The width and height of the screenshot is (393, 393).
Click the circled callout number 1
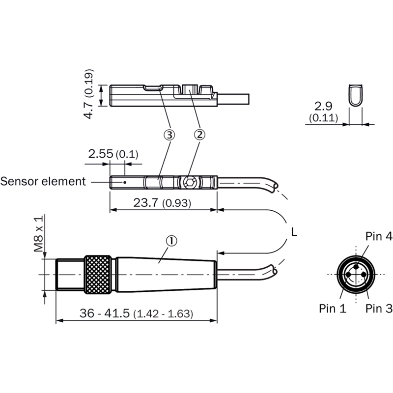(x=171, y=241)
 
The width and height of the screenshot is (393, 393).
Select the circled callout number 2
(x=199, y=135)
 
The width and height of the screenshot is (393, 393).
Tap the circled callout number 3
(x=169, y=135)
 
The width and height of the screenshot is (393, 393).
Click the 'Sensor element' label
(x=43, y=181)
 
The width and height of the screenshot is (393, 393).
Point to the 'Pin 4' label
(x=379, y=236)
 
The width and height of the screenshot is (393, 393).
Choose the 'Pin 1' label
(x=333, y=309)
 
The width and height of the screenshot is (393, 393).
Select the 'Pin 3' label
(x=379, y=309)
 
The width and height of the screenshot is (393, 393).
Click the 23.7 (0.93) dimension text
(x=162, y=202)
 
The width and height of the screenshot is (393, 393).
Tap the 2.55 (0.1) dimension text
(x=113, y=154)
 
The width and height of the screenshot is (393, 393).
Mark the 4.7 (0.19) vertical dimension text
(x=89, y=94)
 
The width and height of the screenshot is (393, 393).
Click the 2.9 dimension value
(x=323, y=106)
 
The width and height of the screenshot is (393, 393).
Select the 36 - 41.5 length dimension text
(x=137, y=313)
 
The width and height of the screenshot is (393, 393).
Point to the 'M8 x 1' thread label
(x=39, y=233)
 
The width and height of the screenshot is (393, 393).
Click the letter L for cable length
(x=294, y=232)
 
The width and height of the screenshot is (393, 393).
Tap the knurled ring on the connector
(x=98, y=275)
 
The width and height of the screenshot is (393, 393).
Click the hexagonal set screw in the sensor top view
(x=189, y=181)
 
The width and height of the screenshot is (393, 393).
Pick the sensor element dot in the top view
(x=125, y=182)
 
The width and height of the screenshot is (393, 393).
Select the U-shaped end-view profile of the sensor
(x=356, y=95)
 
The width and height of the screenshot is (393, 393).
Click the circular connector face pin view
(x=356, y=275)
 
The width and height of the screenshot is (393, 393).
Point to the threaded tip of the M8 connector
(x=70, y=275)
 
